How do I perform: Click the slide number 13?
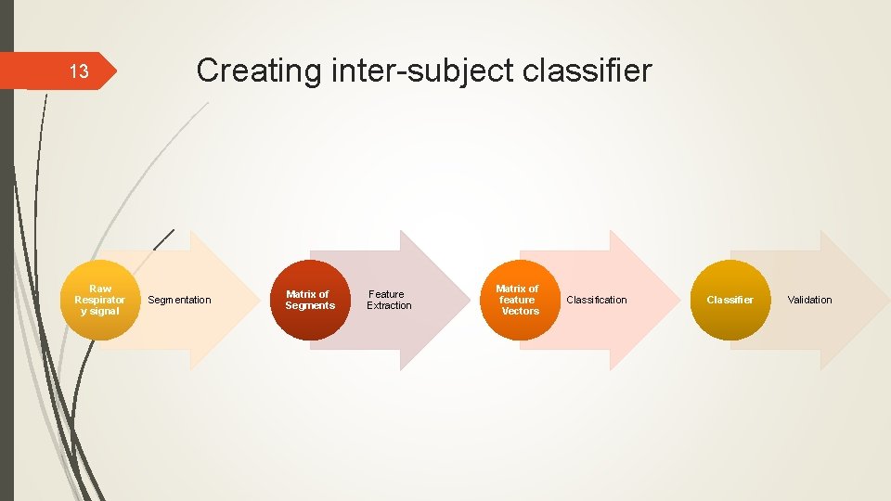(79, 71)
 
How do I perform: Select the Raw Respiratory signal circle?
(99, 300)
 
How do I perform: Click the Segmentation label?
(179, 300)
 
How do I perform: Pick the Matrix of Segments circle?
(310, 300)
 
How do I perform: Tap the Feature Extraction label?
(389, 300)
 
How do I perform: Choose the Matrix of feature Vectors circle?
(518, 300)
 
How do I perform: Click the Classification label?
(597, 300)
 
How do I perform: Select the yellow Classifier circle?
(730, 300)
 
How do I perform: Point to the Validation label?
(809, 300)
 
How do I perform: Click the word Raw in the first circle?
(99, 289)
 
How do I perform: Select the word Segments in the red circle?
(310, 306)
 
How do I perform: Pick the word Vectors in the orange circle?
(520, 311)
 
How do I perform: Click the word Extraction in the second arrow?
(389, 306)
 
